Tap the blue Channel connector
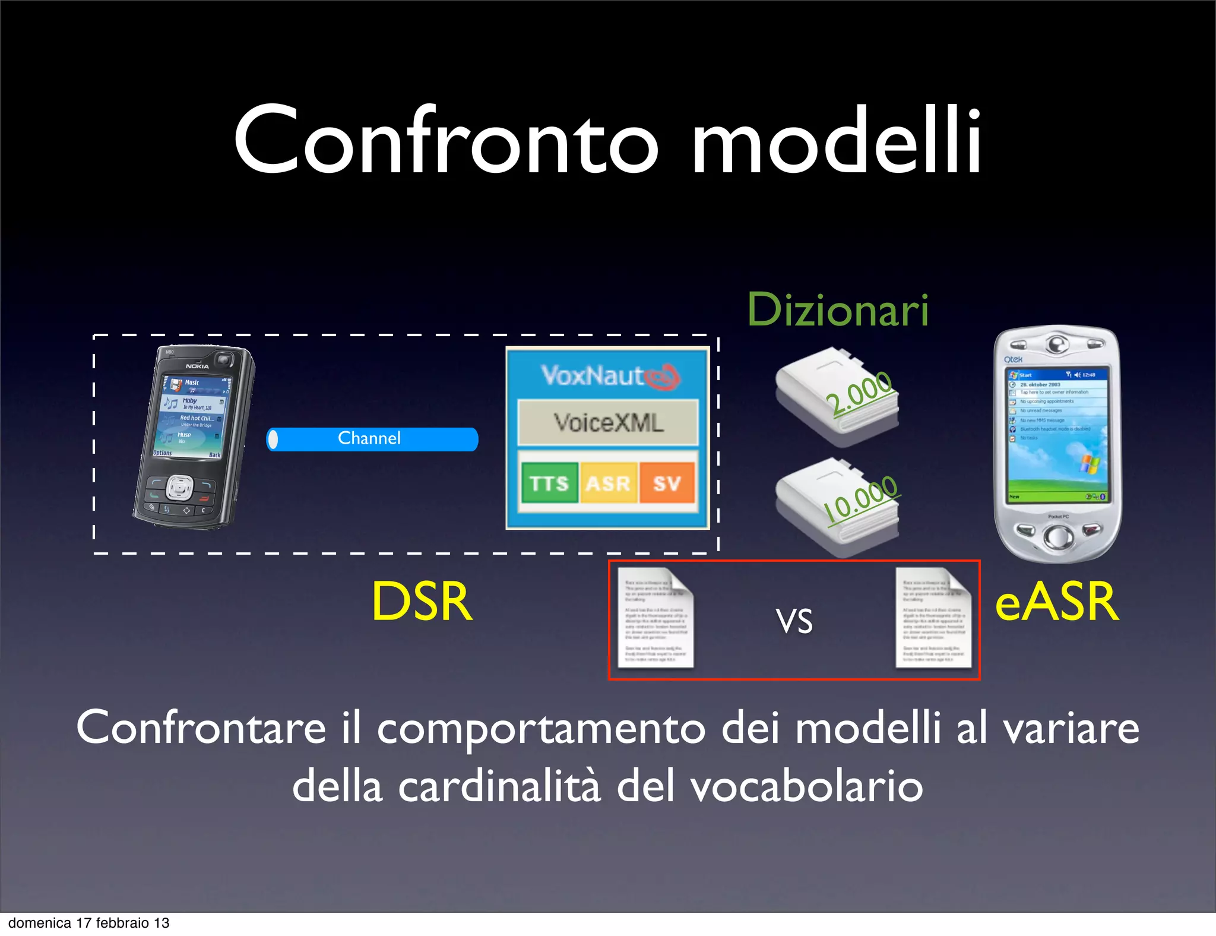pos(372,439)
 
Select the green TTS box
pos(549,483)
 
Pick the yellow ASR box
pos(608,483)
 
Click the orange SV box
pos(666,483)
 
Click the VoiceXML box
pos(608,423)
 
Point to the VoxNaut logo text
pos(594,376)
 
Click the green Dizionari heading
pos(837,310)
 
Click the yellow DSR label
pos(422,602)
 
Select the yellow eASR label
pos(1057,602)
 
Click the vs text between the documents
pos(794,621)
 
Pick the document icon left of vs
pos(655,618)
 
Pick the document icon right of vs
pos(933,618)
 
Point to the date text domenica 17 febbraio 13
pos(89,923)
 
